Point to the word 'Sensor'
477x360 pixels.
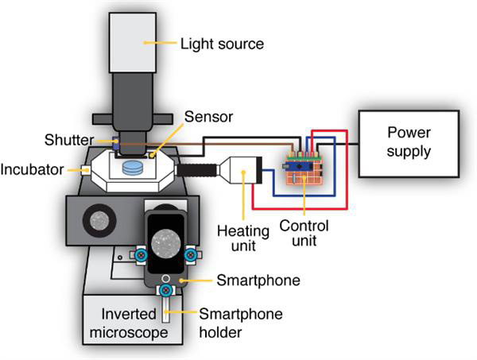click(x=208, y=117)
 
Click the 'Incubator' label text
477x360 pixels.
click(x=32, y=169)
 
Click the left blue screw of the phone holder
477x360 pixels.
click(x=140, y=255)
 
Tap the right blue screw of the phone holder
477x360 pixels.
click(x=191, y=254)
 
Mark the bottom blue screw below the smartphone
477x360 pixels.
click(x=165, y=291)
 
